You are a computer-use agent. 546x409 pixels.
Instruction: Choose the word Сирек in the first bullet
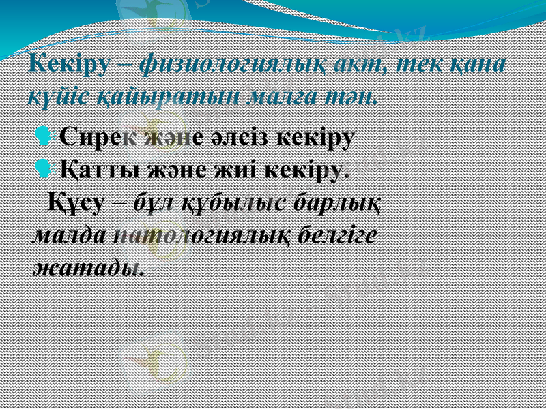point(96,137)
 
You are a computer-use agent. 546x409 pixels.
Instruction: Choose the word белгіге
point(339,234)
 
